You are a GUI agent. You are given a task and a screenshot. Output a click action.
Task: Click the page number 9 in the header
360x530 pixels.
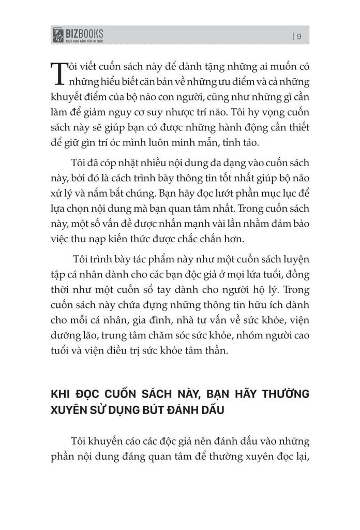coord(300,36)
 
